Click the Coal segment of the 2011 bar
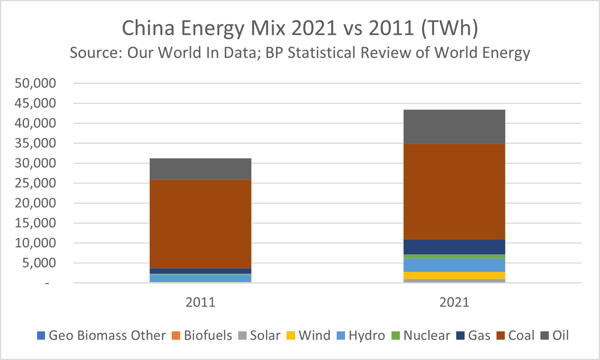[200, 224]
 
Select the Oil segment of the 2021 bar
[454, 127]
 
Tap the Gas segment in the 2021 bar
[454, 247]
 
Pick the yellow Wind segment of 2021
[454, 276]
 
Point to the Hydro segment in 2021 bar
[454, 265]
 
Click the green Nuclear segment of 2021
[454, 256]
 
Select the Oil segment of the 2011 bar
[200, 169]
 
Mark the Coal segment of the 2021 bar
[454, 191]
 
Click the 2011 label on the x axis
[200, 302]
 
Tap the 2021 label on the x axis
[454, 302]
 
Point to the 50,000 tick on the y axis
[35, 83]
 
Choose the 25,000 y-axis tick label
[35, 183]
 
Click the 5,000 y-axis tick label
[39, 263]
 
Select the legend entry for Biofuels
[202, 335]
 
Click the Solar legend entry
[259, 335]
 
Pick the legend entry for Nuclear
[421, 335]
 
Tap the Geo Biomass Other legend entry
[101, 335]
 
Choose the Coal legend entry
[516, 335]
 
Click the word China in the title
[148, 28]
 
